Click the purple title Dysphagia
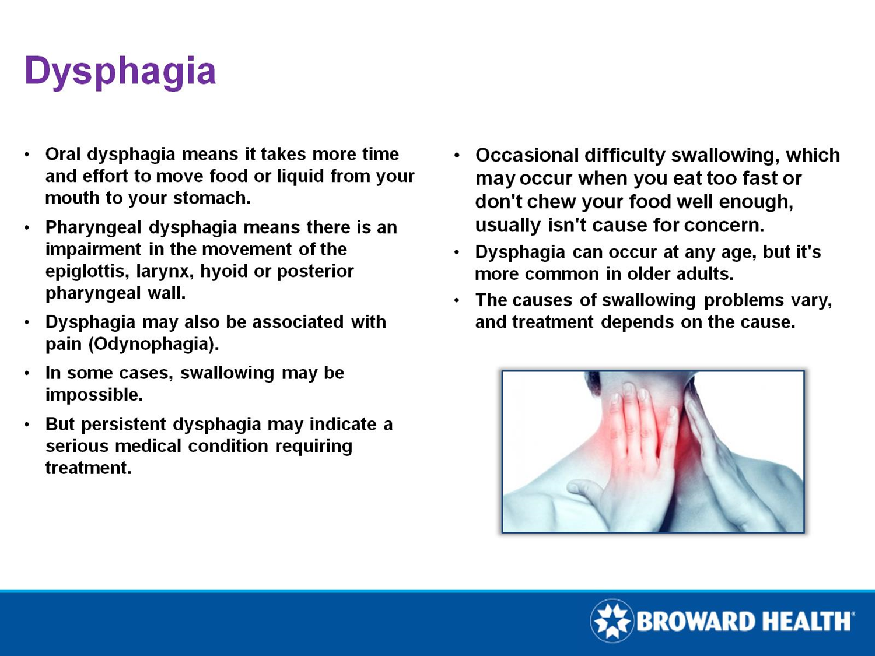(120, 71)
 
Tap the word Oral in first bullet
(64, 155)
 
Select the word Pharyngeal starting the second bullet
(93, 227)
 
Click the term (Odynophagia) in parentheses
(153, 344)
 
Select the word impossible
(93, 395)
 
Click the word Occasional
(527, 156)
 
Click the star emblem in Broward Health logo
(612, 620)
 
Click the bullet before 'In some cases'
(27, 373)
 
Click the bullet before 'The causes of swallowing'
(457, 301)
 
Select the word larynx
(162, 272)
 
